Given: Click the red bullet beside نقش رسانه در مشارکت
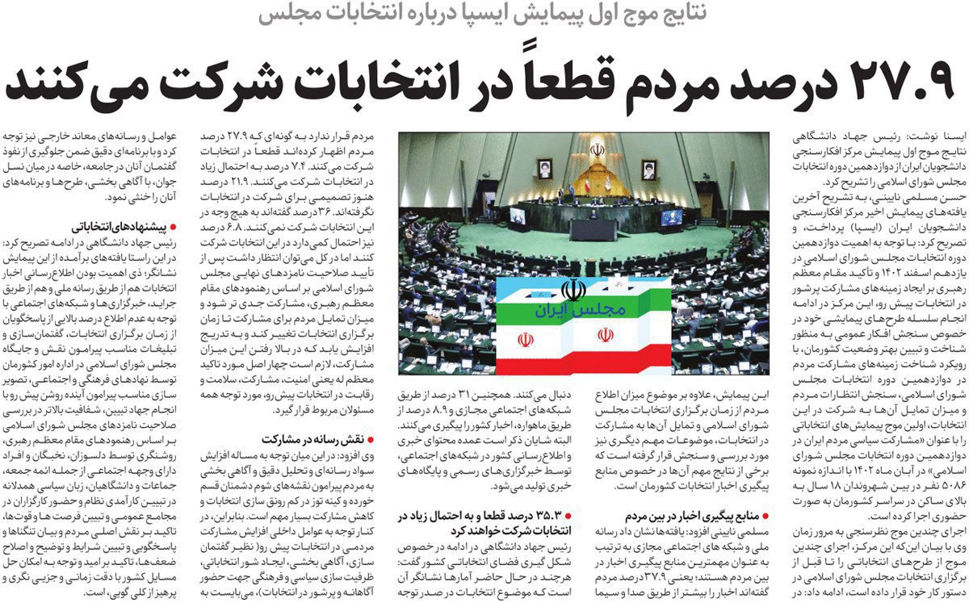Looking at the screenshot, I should point(372,441).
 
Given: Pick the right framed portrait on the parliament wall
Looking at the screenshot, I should point(648,168).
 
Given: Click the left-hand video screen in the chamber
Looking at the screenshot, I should point(517,216).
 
